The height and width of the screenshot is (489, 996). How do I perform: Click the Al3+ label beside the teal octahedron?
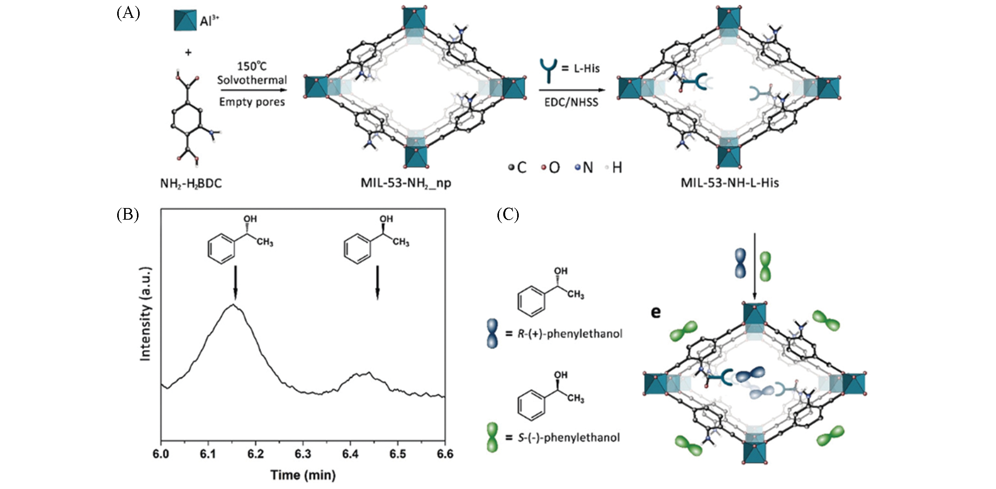point(209,21)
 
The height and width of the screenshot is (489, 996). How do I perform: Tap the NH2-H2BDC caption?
point(191,183)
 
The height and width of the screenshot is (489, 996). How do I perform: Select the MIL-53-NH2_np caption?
point(406,183)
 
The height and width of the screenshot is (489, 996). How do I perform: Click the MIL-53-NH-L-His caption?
point(729,183)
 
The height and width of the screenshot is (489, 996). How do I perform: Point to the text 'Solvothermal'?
point(252,80)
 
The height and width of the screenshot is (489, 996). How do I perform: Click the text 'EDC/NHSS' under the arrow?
point(571,102)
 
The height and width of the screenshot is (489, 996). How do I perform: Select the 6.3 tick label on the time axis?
point(303,454)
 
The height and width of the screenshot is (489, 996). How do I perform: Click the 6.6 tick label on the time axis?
point(445,454)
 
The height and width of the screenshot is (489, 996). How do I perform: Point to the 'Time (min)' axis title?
point(303,475)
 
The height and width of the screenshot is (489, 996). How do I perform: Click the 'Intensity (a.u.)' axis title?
point(146,314)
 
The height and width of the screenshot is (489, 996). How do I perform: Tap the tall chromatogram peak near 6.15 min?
point(233,305)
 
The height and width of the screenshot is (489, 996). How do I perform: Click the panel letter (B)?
point(128,214)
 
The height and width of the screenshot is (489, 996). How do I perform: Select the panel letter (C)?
point(508,214)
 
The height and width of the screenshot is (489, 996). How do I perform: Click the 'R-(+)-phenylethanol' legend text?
point(570,334)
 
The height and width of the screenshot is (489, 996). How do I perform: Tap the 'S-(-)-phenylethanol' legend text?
point(568,438)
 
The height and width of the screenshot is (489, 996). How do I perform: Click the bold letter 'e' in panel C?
point(655,312)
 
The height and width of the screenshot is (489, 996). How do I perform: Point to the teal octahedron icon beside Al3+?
point(185,21)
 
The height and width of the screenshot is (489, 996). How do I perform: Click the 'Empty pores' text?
point(252,102)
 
